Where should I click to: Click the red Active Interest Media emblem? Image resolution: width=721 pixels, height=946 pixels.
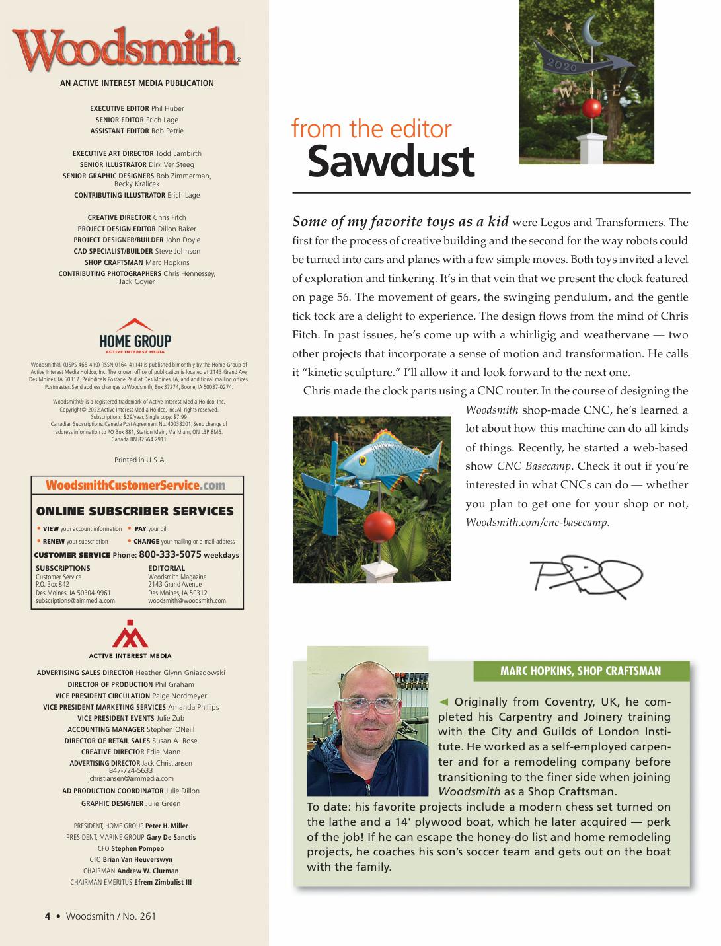tap(130, 634)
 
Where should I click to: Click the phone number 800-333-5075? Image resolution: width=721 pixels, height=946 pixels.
tap(170, 554)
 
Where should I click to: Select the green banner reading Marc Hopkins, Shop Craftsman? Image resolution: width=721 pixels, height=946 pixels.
tap(580, 671)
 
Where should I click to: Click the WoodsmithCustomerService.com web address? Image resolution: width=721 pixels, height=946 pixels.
tap(135, 486)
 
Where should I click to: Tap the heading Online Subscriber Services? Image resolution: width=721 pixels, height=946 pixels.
tap(135, 511)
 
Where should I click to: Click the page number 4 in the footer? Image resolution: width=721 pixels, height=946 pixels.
tap(48, 916)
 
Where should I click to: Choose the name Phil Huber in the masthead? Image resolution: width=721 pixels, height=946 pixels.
tap(168, 108)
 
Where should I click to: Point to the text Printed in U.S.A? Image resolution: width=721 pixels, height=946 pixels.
tap(136, 460)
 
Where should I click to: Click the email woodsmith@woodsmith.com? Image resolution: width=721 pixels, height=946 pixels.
tap(187, 600)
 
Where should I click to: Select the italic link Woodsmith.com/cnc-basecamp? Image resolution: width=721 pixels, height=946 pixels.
tap(537, 522)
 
